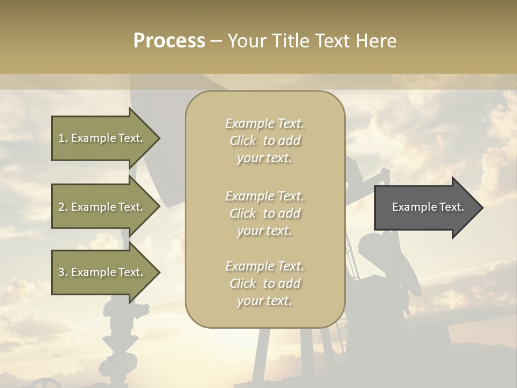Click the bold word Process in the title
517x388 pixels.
coord(169,41)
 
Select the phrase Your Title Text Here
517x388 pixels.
coord(312,41)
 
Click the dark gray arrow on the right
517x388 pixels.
coord(425,207)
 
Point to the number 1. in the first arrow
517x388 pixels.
coord(63,138)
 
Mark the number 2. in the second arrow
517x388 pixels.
coord(63,207)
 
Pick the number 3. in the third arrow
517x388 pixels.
coord(63,272)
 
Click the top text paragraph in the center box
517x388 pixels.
coord(264,141)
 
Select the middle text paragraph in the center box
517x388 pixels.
coord(264,213)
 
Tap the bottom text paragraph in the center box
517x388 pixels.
coord(264,283)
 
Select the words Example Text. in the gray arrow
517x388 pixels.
coord(428,207)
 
